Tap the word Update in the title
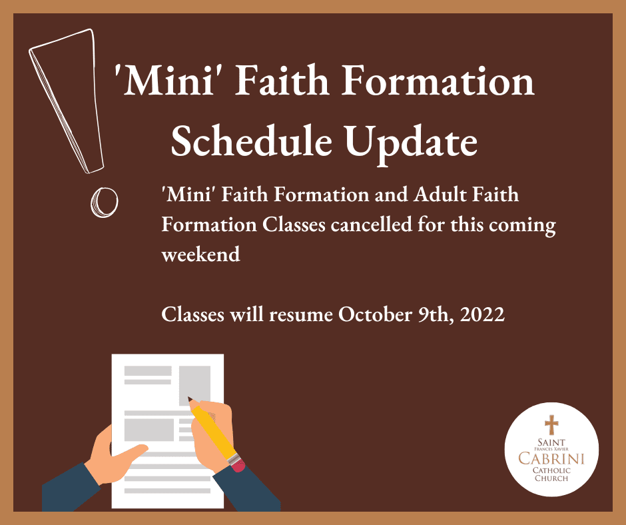point(411,145)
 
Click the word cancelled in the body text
point(371,225)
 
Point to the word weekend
point(201,254)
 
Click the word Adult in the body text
point(440,195)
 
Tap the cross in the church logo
point(551,424)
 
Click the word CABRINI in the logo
point(551,458)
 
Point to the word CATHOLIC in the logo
point(551,470)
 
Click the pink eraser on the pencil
point(238,464)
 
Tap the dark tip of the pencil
point(190,399)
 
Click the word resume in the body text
point(301,315)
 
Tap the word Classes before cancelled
point(294,225)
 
